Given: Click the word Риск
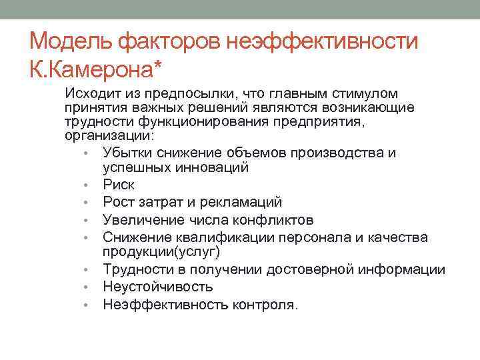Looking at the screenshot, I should tap(118, 184).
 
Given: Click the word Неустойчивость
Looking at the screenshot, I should tap(158, 287).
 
